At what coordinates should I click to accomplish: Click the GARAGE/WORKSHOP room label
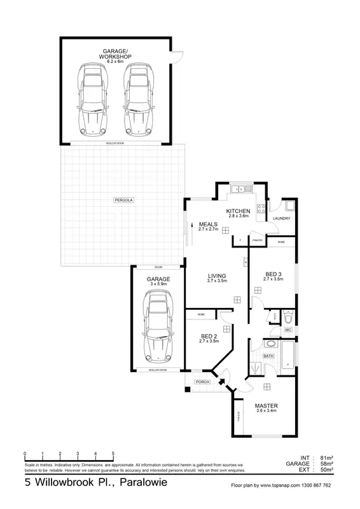(114, 53)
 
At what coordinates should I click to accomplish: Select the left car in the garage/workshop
(93, 99)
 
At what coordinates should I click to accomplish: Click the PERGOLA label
(125, 200)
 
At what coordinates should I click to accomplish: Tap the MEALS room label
(209, 225)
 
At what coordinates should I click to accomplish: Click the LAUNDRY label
(282, 219)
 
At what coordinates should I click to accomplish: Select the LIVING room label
(218, 276)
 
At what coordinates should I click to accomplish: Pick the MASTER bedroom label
(267, 405)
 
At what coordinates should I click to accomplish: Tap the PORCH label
(202, 382)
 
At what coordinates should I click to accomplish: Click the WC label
(287, 330)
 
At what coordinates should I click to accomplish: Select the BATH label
(268, 356)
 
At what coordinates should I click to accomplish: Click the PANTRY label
(257, 241)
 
